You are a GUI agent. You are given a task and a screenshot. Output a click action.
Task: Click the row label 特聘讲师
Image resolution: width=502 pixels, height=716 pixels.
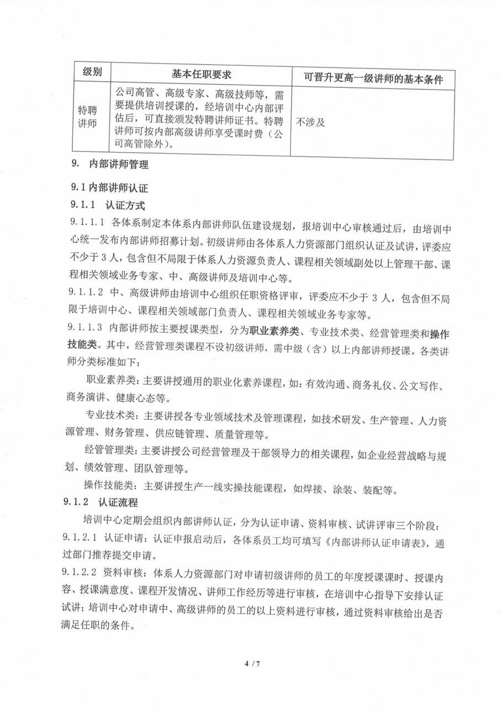click(x=88, y=117)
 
